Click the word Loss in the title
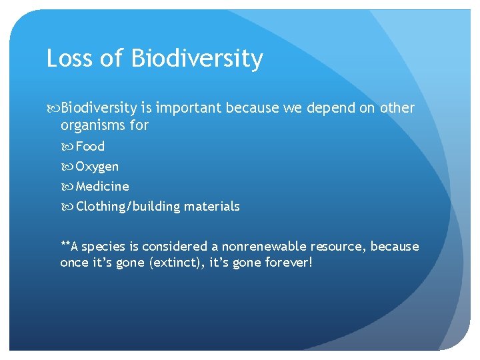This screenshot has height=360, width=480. tap(69, 59)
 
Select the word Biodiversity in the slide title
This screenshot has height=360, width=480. tap(197, 59)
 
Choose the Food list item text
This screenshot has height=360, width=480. tap(90, 146)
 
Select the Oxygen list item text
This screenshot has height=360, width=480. tap(97, 166)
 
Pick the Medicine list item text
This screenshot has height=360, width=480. tap(102, 186)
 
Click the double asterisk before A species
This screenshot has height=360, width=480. tap(65, 245)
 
